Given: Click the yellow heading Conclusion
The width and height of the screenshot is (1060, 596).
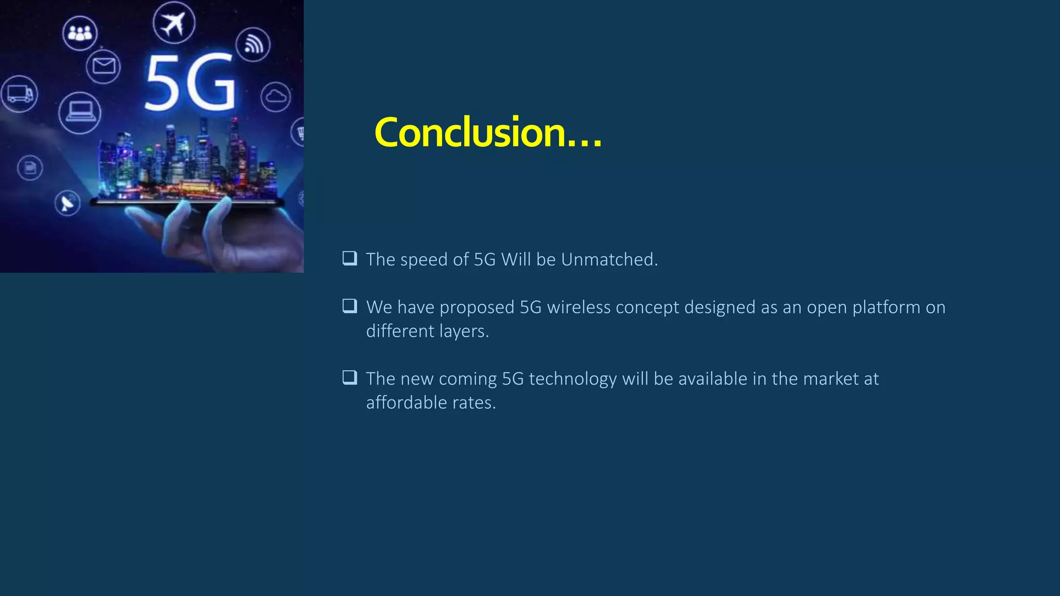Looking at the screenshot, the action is [x=488, y=132].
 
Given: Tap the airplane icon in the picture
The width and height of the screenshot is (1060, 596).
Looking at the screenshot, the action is [x=174, y=23].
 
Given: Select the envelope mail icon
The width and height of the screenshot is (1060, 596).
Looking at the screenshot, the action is [x=104, y=66].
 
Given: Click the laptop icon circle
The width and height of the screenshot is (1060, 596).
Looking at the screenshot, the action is [x=80, y=112].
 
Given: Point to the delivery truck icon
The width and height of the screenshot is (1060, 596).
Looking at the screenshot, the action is [x=19, y=94].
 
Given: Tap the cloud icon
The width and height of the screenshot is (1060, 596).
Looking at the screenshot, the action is [x=275, y=97].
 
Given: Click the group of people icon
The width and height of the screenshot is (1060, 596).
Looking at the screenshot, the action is [x=80, y=33].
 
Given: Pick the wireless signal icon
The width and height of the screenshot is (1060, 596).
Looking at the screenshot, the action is [x=253, y=44].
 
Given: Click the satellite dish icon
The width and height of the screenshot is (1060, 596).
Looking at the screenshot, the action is [x=68, y=203].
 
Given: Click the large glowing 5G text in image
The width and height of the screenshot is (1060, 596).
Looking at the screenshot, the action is [x=189, y=83].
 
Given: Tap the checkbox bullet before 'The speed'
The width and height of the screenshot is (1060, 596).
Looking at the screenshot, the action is [x=350, y=258].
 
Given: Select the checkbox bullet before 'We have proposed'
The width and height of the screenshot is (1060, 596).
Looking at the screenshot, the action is [x=350, y=306].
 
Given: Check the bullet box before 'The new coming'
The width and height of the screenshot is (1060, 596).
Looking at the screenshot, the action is [x=350, y=377].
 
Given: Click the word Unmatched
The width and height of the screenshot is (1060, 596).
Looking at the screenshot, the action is [x=609, y=260].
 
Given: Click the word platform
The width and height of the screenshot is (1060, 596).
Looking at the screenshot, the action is [x=886, y=307].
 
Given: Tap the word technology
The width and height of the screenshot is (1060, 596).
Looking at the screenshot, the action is [x=572, y=379].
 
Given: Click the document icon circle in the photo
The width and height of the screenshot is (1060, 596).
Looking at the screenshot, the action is [x=30, y=168].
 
